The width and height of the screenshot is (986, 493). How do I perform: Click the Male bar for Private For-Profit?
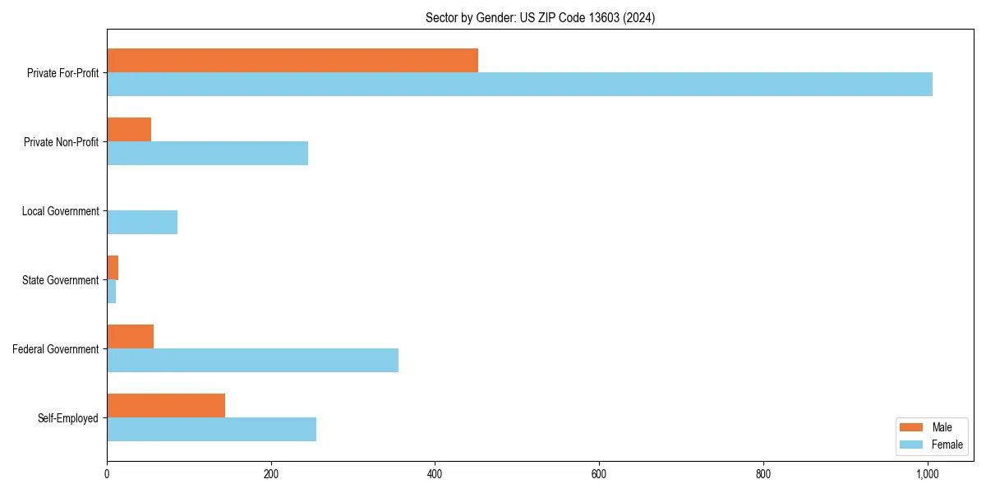(293, 61)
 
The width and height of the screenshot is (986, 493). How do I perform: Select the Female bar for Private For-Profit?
(519, 84)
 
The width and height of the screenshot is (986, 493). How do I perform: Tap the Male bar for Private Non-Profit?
(129, 130)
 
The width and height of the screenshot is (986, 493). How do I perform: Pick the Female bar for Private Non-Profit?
(207, 153)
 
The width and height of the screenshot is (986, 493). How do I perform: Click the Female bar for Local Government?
(142, 222)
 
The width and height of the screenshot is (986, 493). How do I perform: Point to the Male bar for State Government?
(113, 268)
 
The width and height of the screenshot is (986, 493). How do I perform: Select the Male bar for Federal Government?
(130, 337)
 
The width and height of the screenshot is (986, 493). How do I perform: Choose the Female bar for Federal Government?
(252, 360)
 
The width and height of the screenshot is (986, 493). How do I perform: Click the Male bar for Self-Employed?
(166, 406)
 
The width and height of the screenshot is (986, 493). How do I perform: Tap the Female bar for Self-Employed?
(211, 429)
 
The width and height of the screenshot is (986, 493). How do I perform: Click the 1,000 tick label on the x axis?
(928, 473)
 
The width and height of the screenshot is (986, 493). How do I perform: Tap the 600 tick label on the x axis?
(599, 473)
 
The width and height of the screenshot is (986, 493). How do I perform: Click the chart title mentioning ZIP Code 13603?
(540, 17)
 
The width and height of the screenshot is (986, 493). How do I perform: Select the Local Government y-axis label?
(60, 211)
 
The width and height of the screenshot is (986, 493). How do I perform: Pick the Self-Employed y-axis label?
(67, 418)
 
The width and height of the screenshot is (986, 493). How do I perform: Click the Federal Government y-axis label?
(55, 349)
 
